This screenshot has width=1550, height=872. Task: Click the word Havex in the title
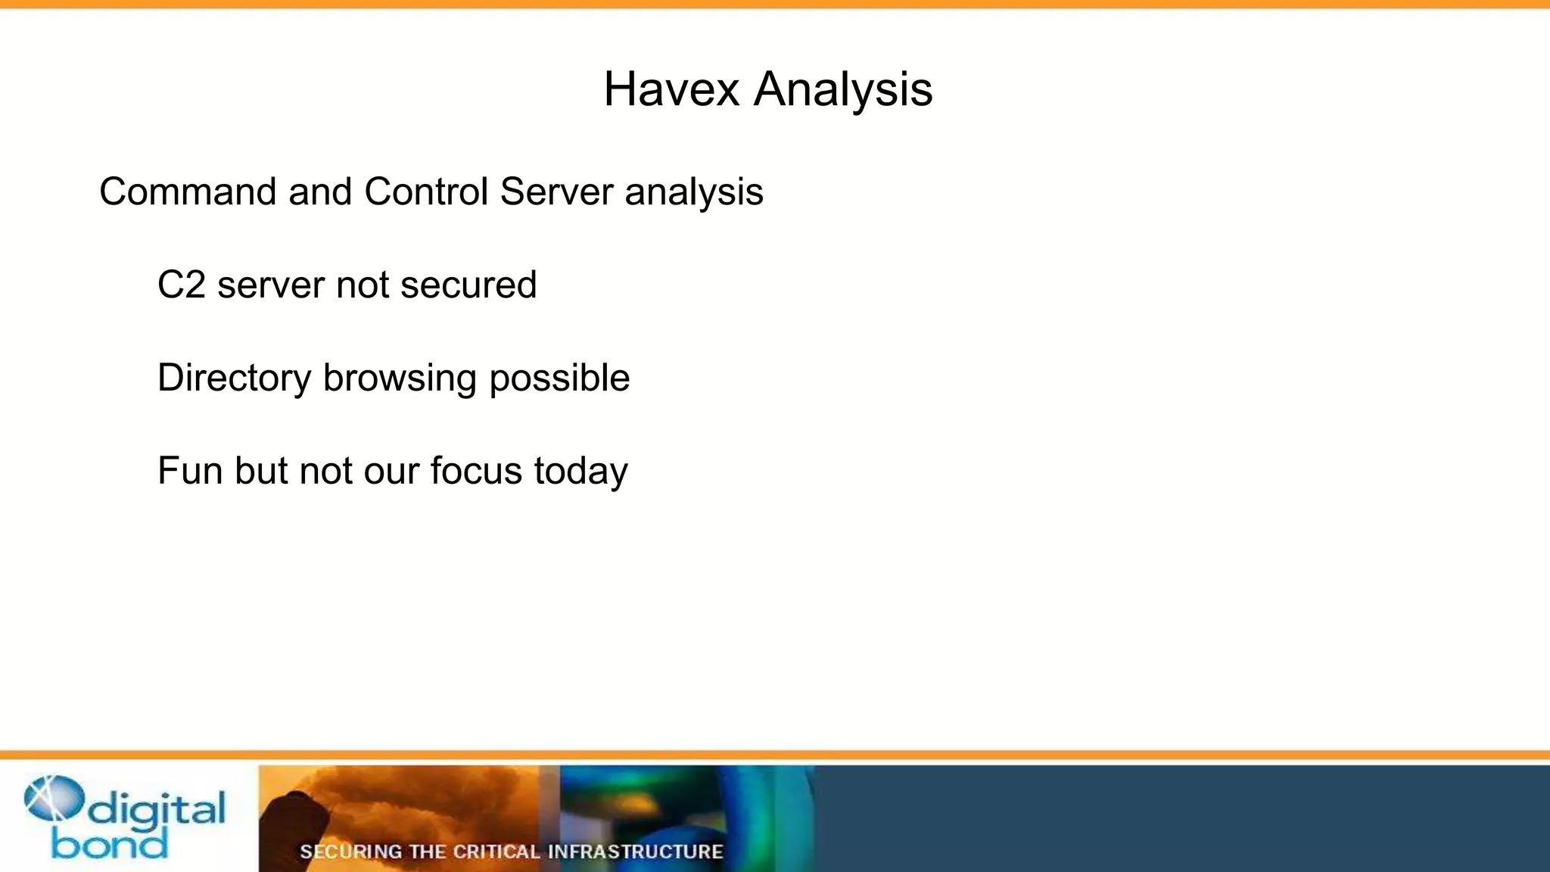coord(671,89)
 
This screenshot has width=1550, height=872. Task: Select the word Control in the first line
coord(426,192)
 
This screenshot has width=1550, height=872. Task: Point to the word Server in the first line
coord(556,192)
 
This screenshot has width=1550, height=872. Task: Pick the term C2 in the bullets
coord(182,285)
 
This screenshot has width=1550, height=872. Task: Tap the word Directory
coord(234,378)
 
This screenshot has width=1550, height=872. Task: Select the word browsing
coord(400,378)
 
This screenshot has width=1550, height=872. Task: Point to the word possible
coord(559,378)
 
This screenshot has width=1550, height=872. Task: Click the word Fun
coord(190,471)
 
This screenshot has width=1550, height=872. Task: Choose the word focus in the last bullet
coord(476,471)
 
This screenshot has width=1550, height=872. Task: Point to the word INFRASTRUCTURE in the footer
coord(635,852)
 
